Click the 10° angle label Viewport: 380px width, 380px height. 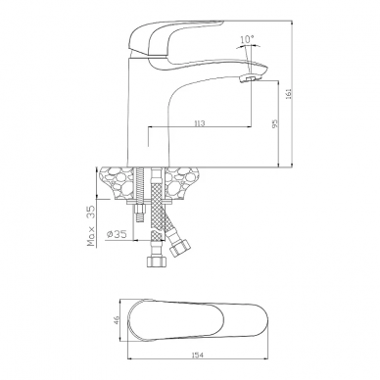(x=247, y=39)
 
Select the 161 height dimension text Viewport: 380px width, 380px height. (x=288, y=94)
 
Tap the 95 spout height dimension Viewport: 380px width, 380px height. (x=274, y=123)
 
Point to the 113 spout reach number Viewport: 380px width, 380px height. (x=199, y=123)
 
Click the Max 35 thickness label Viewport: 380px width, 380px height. (x=91, y=226)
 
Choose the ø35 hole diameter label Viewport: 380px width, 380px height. (x=117, y=234)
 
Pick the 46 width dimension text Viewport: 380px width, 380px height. (x=118, y=319)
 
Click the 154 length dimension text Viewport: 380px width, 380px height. (x=198, y=356)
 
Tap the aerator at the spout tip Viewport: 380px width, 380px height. (x=250, y=78)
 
